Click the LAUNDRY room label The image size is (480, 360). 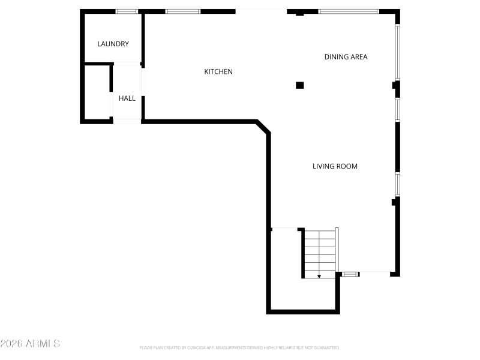(113, 44)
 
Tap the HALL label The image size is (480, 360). (127, 98)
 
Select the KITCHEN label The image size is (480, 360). (218, 71)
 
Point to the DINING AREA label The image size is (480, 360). (346, 57)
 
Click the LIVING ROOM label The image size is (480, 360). (335, 166)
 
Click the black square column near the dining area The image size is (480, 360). (300, 85)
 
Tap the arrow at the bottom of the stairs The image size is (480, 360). (319, 276)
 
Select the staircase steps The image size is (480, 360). (319, 252)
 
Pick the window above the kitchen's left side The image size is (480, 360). (183, 11)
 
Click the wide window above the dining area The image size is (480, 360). (348, 11)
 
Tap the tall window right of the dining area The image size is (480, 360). (397, 52)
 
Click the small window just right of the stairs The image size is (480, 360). (350, 274)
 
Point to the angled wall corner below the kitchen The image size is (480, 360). (263, 127)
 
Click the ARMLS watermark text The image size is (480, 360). (30, 344)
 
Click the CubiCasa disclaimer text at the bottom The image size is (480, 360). (240, 347)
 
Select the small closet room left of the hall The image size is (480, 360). (97, 93)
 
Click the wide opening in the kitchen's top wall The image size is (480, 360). (261, 11)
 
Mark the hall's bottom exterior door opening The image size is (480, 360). (127, 122)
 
